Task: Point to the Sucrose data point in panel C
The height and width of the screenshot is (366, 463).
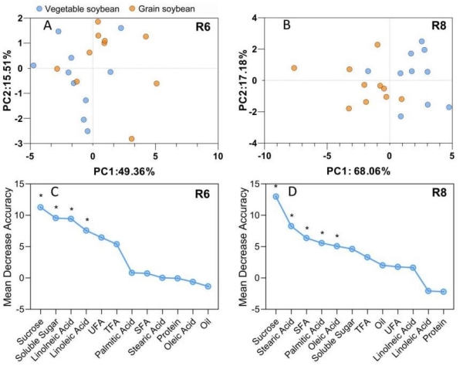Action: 40,207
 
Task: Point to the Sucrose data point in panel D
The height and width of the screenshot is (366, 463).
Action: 275,196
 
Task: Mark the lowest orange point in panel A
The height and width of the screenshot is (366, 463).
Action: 132,139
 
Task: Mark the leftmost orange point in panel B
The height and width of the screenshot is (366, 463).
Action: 294,68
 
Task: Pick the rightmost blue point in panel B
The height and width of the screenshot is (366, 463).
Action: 449,107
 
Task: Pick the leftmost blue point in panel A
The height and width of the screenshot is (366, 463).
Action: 33,66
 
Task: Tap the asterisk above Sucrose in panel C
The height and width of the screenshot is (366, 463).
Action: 40,196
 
